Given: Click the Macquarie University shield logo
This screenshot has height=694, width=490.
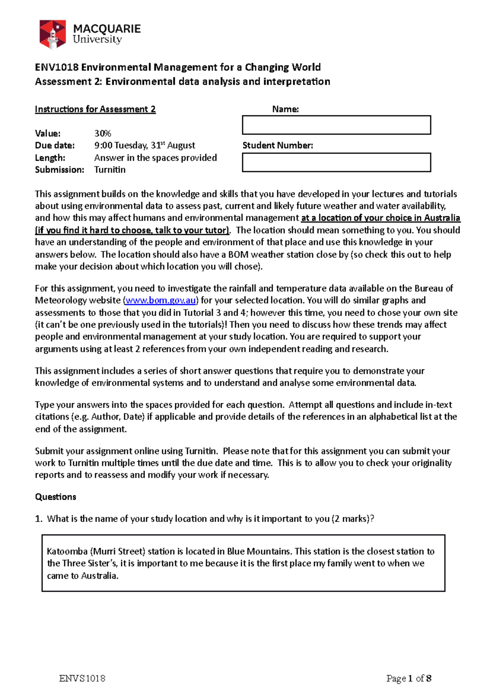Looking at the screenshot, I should point(52,34).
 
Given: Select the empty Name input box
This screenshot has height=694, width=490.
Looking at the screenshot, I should point(336,125).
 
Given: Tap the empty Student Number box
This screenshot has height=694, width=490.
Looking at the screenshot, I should point(336,162).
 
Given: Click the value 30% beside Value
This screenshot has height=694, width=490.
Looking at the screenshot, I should point(102,134).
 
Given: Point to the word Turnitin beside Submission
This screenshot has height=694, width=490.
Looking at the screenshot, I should point(110,170).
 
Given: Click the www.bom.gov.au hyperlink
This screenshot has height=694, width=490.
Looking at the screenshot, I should point(160,300).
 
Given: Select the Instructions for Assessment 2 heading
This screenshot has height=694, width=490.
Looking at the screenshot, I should point(95,109).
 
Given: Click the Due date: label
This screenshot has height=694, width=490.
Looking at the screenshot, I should point(55,146).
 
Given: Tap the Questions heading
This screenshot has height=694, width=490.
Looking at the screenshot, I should point(56,497).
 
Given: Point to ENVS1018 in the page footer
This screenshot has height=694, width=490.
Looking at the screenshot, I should point(82,678).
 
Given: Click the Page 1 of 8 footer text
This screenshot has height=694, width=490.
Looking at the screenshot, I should point(409,678).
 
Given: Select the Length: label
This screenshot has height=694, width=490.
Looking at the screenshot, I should point(50,158).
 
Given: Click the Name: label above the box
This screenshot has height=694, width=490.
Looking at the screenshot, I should point(285,109).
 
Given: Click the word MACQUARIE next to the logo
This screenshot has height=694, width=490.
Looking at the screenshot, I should point(107,29).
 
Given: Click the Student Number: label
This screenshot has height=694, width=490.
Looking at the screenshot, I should point(278,146).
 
